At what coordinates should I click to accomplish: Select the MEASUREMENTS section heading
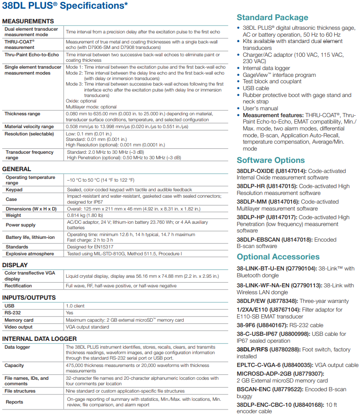(x=28, y=21)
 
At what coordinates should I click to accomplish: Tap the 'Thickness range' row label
(x=22, y=114)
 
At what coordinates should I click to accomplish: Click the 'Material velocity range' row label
(x=29, y=127)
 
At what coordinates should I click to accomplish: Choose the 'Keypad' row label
(x=14, y=189)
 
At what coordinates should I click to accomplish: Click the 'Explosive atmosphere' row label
(x=30, y=253)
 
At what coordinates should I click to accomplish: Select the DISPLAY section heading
(x=15, y=265)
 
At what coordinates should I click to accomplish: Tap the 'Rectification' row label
(x=18, y=286)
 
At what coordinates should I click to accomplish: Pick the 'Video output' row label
(x=20, y=327)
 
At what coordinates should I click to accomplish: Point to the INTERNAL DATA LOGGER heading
(x=39, y=339)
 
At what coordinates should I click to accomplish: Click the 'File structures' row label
(x=20, y=391)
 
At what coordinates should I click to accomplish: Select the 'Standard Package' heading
(x=273, y=17)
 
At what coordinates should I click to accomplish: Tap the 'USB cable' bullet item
(x=256, y=88)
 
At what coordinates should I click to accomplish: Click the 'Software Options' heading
(x=271, y=160)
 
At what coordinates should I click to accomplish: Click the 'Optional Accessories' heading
(x=278, y=257)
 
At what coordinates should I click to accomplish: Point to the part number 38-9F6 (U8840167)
(x=267, y=325)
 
